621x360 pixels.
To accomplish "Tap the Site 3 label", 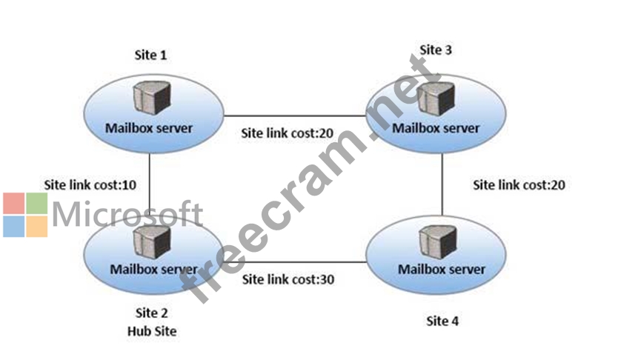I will point(436,50).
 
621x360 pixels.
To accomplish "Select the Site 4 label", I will point(442,321).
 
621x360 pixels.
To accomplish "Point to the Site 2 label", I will point(151,314).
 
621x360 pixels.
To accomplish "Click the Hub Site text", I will point(151,330).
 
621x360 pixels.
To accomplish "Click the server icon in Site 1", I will point(149,99).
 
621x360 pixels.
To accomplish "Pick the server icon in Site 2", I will point(150,239).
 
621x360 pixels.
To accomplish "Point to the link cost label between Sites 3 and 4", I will point(519,184).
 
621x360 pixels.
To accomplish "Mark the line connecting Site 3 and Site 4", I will point(442,184).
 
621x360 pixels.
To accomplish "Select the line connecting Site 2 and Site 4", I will point(296,261).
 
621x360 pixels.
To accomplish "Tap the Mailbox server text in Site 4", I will point(442,268).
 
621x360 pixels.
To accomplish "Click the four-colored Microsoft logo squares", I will point(25,215).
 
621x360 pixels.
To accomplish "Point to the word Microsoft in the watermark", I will point(127,214).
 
